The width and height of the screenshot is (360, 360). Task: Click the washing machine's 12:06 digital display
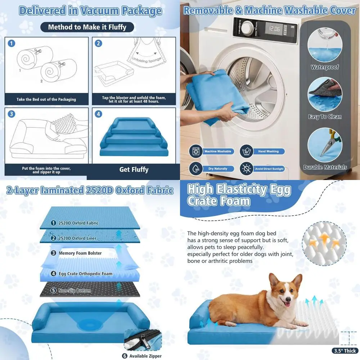point(275,28)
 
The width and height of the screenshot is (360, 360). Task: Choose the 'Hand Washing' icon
point(247,151)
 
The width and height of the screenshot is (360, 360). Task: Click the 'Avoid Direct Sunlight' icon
point(247,168)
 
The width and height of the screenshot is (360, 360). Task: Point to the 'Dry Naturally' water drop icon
point(195,168)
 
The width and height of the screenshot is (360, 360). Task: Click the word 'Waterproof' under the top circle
point(325,67)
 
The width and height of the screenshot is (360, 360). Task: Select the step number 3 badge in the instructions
point(12,114)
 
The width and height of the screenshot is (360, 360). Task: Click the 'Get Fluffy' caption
point(134,169)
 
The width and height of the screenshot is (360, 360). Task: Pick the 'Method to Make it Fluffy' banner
point(87,27)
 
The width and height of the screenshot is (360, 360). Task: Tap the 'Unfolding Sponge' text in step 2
point(144,59)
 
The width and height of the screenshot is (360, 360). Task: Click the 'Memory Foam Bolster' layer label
point(80,253)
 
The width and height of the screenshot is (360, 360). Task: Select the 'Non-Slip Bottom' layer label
point(75,291)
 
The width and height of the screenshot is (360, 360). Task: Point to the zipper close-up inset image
point(143,340)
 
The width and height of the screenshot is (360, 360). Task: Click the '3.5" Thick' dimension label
point(344,351)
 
